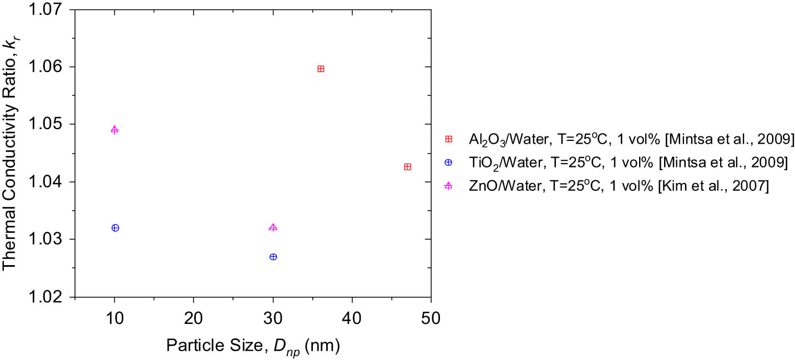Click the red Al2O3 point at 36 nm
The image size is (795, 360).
[321, 69]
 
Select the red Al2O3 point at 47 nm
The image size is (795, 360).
[408, 167]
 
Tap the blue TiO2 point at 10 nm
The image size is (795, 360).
[115, 228]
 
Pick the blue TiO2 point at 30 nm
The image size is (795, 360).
[273, 257]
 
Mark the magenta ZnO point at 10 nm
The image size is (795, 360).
[115, 130]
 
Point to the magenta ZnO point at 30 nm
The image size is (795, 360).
[273, 228]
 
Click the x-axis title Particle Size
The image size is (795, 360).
[253, 346]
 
